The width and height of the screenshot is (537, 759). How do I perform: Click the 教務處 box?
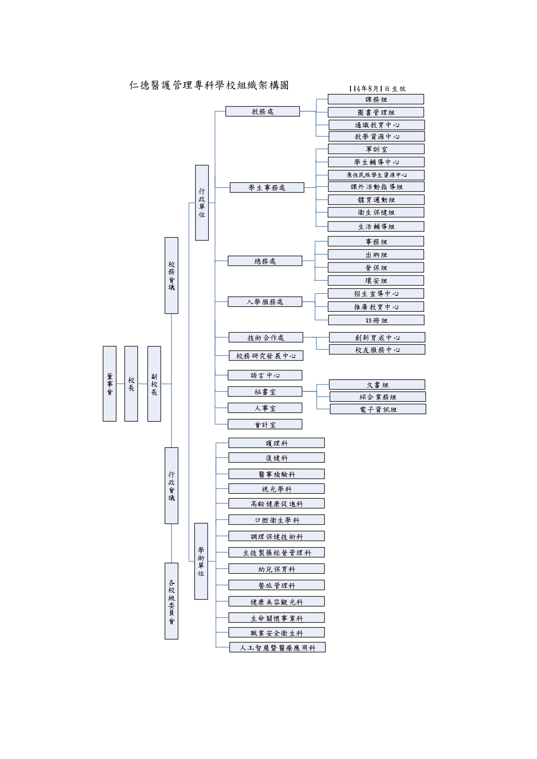pyautogui.click(x=262, y=112)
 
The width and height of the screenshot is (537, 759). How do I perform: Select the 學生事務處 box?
pyautogui.click(x=267, y=188)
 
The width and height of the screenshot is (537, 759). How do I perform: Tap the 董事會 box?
pyautogui.click(x=109, y=384)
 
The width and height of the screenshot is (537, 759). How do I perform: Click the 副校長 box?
pyautogui.click(x=154, y=384)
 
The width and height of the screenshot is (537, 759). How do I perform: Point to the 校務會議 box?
pyautogui.click(x=171, y=275)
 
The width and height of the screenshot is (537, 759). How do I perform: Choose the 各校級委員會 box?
pyautogui.click(x=171, y=601)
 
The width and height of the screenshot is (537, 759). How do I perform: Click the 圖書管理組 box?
pyautogui.click(x=376, y=112)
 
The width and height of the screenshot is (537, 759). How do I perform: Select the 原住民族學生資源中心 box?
pyautogui.click(x=376, y=175)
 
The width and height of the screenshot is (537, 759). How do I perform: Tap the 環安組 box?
pyautogui.click(x=376, y=281)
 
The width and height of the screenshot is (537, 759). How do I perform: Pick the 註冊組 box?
pyautogui.click(x=376, y=320)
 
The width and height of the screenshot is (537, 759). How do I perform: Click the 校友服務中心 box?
pyautogui.click(x=377, y=350)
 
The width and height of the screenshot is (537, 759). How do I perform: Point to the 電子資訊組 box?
pyautogui.click(x=378, y=409)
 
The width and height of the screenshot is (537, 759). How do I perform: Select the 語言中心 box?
pyautogui.click(x=265, y=375)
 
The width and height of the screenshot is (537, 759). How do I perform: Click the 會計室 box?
pyautogui.click(x=265, y=425)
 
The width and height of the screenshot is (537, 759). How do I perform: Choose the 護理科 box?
pyautogui.click(x=277, y=443)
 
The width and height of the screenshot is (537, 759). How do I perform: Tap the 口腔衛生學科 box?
pyautogui.click(x=277, y=520)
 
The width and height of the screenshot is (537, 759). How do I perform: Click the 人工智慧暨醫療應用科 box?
pyautogui.click(x=277, y=648)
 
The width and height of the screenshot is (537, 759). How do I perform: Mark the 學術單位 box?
pyautogui.click(x=201, y=561)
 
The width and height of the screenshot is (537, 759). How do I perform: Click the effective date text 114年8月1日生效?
pyautogui.click(x=377, y=89)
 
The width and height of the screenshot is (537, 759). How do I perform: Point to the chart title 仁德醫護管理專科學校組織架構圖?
pyautogui.click(x=209, y=85)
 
